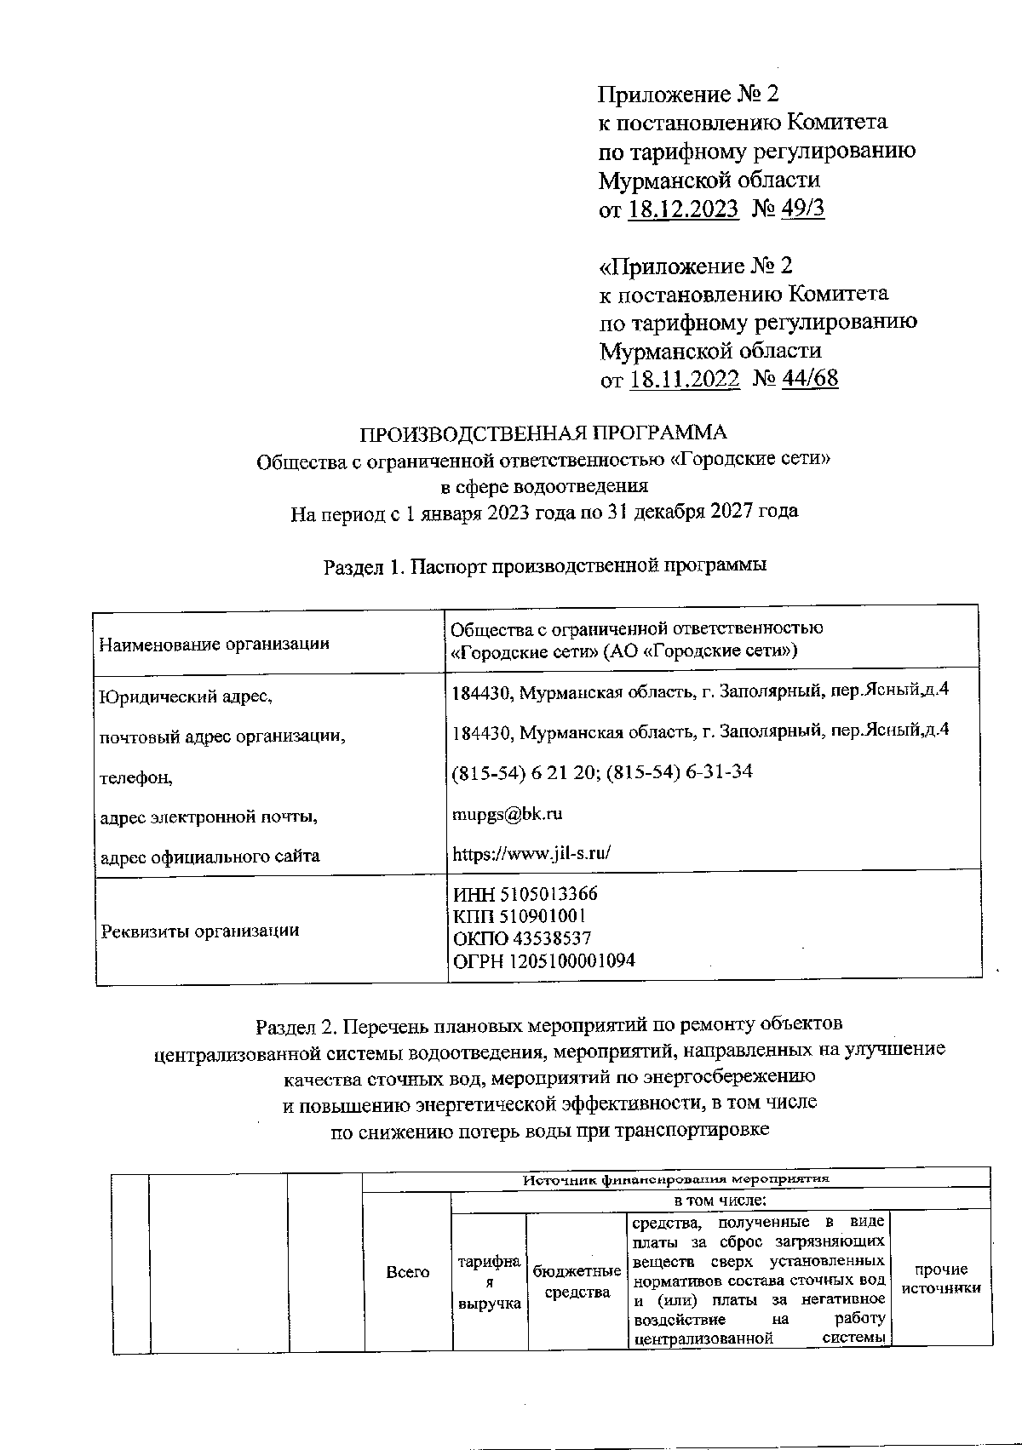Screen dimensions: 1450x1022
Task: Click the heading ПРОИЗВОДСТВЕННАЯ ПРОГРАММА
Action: (544, 433)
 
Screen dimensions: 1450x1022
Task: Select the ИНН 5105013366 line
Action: (525, 894)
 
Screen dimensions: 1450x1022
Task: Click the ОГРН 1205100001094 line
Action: (543, 960)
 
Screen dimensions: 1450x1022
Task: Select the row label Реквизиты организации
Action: (200, 931)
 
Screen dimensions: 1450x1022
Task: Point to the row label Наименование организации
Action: (214, 644)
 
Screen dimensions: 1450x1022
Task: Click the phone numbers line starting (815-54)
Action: (601, 772)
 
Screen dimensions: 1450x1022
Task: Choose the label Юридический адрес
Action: (186, 696)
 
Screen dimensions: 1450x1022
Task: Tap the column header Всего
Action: (408, 1272)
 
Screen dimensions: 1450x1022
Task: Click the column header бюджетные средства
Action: (577, 1281)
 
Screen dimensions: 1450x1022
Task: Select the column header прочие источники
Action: (941, 1279)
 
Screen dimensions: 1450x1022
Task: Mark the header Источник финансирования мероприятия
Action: (675, 1180)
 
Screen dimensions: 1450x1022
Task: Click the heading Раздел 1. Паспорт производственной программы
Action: (545, 565)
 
